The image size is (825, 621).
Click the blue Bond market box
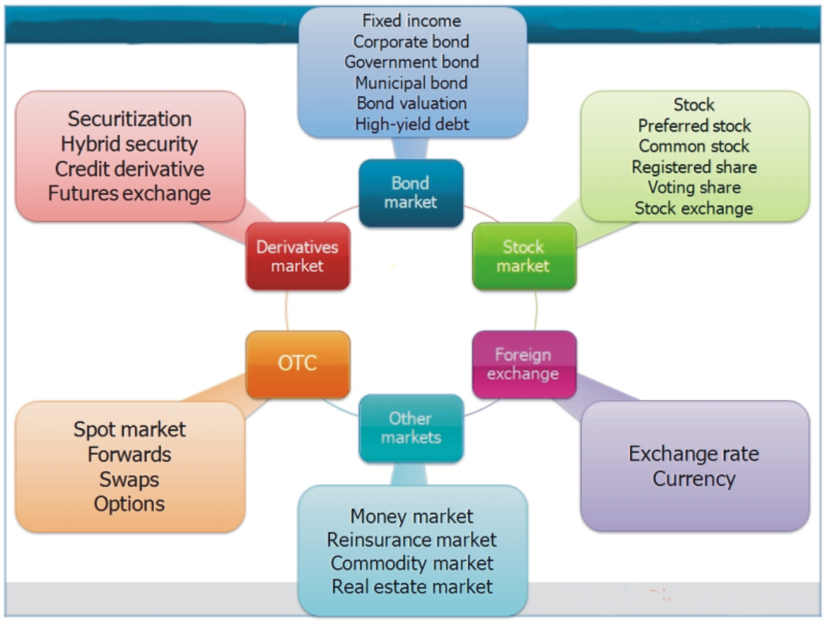(411, 193)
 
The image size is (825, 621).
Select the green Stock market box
(524, 256)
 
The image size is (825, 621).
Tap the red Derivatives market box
(298, 256)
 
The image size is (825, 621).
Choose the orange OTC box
(298, 363)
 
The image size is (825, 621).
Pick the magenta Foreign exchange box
(524, 363)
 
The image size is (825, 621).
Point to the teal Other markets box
(411, 428)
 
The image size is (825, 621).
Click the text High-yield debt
(412, 124)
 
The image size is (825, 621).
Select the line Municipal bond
(411, 82)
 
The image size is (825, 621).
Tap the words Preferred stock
(694, 126)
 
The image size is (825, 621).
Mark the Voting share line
(694, 187)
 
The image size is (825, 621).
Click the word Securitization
(130, 119)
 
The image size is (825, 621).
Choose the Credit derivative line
(130, 169)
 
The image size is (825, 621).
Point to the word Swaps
(130, 479)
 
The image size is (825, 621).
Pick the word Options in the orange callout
(130, 503)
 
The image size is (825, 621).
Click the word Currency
(694, 478)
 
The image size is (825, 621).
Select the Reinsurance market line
(411, 539)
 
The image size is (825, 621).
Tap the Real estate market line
(412, 587)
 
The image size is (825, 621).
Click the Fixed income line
(411, 21)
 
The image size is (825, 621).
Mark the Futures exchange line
(130, 193)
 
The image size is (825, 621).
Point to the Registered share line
(694, 167)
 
